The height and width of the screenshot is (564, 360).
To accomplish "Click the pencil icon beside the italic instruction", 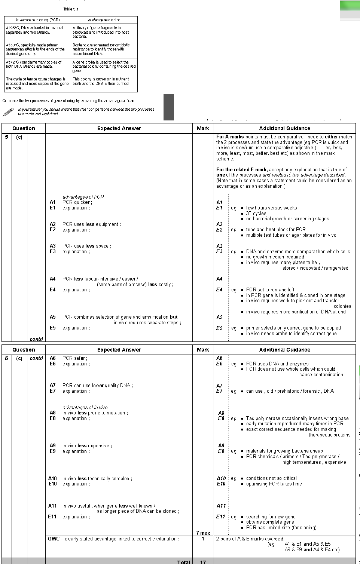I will point(8,112).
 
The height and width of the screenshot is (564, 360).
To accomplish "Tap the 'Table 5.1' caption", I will point(71,9).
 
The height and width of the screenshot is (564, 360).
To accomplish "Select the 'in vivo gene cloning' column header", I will point(104,20).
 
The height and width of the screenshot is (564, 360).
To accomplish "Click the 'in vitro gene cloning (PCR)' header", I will point(37,20).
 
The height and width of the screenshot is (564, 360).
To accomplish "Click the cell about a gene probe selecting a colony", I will point(104,67).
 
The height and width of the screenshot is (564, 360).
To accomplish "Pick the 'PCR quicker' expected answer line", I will point(77,202).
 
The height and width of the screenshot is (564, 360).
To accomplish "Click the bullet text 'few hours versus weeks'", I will point(271,208).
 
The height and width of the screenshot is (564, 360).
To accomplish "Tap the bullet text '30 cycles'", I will point(256,214).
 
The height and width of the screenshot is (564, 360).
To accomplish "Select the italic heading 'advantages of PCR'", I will point(83,197).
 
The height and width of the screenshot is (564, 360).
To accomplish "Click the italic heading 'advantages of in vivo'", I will point(85,407).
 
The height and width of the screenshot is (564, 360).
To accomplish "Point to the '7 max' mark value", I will point(203,533).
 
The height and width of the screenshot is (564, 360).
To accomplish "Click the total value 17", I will point(203,562).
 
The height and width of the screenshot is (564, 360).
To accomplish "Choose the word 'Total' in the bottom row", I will point(183,562).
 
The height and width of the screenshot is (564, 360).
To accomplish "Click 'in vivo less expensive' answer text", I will point(87,446).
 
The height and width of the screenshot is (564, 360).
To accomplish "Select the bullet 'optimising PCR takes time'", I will point(274,484).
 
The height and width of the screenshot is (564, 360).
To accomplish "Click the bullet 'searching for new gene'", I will point(271,517).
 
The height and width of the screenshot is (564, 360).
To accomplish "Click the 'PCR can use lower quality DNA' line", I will point(97,386).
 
